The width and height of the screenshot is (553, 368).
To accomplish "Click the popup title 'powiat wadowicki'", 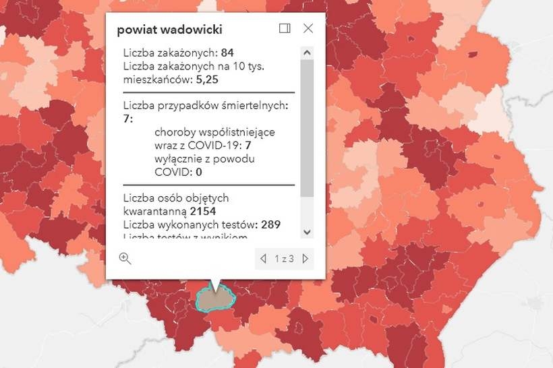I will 169,30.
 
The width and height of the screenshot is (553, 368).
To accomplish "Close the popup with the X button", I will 308,28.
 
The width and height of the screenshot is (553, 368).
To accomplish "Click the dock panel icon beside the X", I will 285,28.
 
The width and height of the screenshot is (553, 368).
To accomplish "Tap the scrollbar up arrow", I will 307,52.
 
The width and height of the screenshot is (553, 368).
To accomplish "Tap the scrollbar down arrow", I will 307,232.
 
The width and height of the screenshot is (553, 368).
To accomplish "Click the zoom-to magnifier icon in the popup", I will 125,258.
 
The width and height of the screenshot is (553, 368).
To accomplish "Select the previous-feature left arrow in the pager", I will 264,258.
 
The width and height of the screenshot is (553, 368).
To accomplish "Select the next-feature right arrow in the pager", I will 305,258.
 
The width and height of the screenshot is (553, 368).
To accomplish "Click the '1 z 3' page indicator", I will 284,259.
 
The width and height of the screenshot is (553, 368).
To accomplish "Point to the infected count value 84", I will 227,53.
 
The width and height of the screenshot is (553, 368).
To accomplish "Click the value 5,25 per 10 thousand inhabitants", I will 208,79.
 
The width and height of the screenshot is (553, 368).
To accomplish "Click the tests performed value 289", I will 271,224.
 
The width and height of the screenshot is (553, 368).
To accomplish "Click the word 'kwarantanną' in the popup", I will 150,211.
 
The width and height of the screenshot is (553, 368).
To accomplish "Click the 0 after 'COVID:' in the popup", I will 199,172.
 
